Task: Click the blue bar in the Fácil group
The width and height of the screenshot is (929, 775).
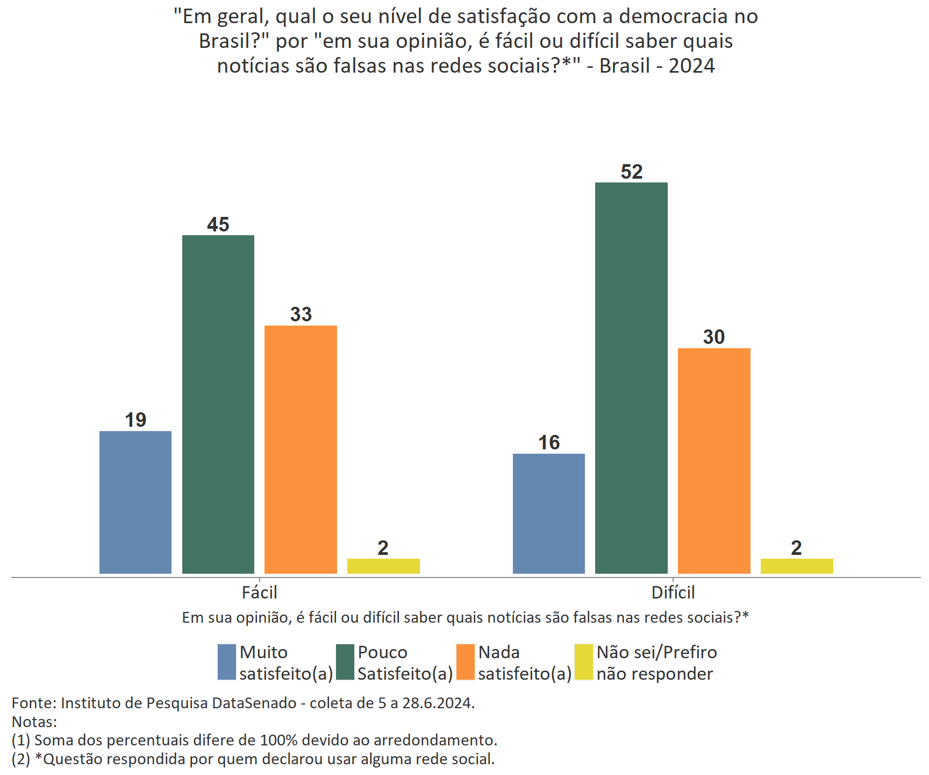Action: pyautogui.click(x=135, y=502)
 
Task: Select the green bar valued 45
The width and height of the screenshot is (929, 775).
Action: pyautogui.click(x=218, y=404)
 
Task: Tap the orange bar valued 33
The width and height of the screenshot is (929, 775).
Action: pyautogui.click(x=301, y=449)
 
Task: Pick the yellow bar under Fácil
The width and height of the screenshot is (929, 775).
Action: pyautogui.click(x=383, y=566)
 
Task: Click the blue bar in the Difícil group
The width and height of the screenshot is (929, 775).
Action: pyautogui.click(x=549, y=513)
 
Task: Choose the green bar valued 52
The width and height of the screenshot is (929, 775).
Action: pyautogui.click(x=631, y=378)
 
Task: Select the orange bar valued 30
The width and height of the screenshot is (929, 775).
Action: pyautogui.click(x=714, y=461)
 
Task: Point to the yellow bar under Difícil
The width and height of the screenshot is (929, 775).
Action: pyautogui.click(x=797, y=566)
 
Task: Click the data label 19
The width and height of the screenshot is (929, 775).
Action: pyautogui.click(x=135, y=420)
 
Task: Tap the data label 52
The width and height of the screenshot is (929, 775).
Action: pyautogui.click(x=631, y=172)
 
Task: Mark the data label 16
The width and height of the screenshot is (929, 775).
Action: pyautogui.click(x=549, y=442)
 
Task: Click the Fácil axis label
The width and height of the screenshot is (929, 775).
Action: pyautogui.click(x=259, y=593)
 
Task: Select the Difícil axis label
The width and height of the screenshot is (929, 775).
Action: pyautogui.click(x=673, y=593)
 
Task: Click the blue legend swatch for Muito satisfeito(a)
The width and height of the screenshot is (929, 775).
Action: pyautogui.click(x=227, y=662)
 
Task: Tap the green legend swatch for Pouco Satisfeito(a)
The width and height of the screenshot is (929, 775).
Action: pyautogui.click(x=345, y=662)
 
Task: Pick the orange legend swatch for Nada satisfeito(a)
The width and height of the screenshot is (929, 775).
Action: pyautogui.click(x=466, y=662)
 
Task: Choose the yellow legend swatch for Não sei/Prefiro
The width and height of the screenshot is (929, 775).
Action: pyautogui.click(x=584, y=662)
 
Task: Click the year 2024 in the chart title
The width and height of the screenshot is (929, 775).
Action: pyautogui.click(x=691, y=66)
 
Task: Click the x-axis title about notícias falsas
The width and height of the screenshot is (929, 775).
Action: pyautogui.click(x=465, y=617)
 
